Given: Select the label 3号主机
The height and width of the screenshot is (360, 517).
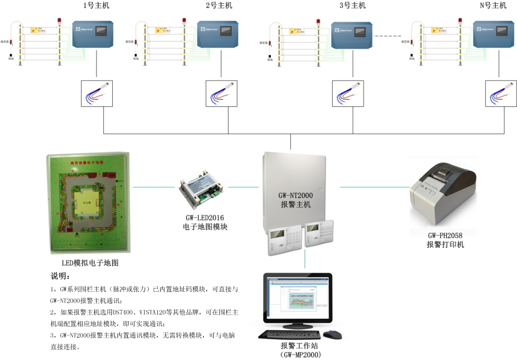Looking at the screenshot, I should [x=352, y=6].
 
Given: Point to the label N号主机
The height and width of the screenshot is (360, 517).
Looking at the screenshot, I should [x=492, y=6].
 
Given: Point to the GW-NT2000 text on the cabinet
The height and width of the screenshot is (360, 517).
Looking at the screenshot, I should [x=295, y=196].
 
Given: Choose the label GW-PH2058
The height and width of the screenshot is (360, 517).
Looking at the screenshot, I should [x=445, y=236].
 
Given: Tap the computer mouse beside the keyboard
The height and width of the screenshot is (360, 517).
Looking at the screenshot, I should [x=332, y=335].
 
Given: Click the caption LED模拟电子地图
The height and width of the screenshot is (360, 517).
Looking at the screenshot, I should [x=90, y=263].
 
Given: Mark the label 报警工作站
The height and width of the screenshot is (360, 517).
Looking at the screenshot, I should [x=300, y=346].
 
